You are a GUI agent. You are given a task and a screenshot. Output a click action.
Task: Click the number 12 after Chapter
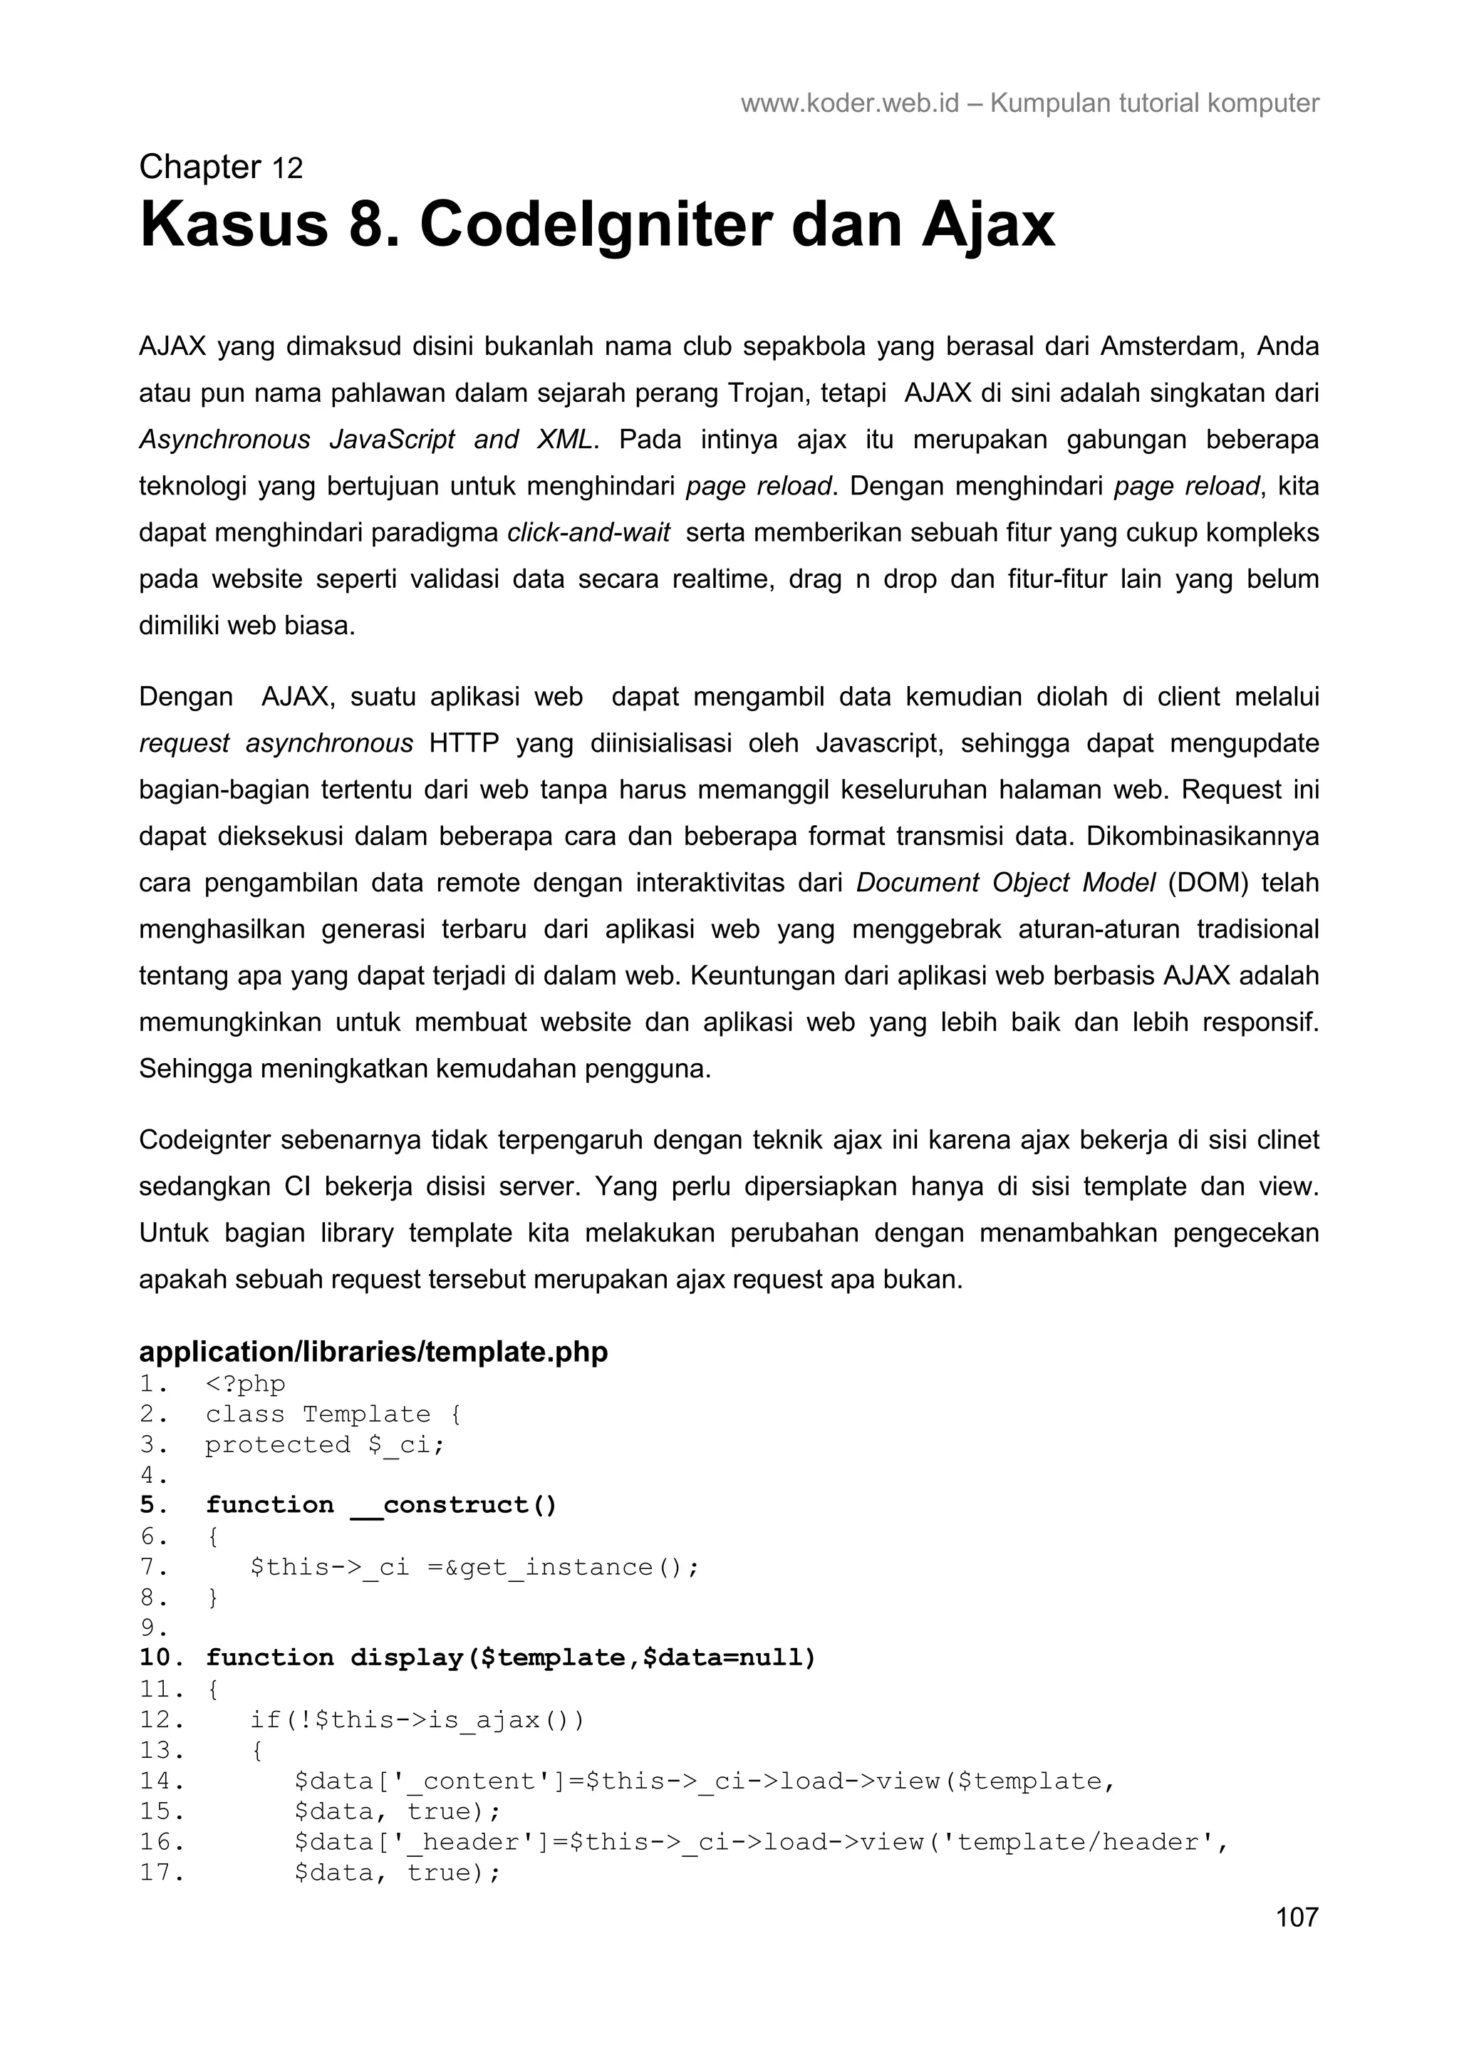coord(288,168)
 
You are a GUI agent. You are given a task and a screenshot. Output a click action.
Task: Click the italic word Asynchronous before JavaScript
coord(224,440)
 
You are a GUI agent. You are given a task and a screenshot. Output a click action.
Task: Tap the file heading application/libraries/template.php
coord(373,1352)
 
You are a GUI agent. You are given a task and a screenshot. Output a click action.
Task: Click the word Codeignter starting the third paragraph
coord(204,1139)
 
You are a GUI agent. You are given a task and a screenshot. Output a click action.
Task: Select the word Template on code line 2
coord(366,1414)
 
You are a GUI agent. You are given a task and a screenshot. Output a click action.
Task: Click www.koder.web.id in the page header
coord(849,103)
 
